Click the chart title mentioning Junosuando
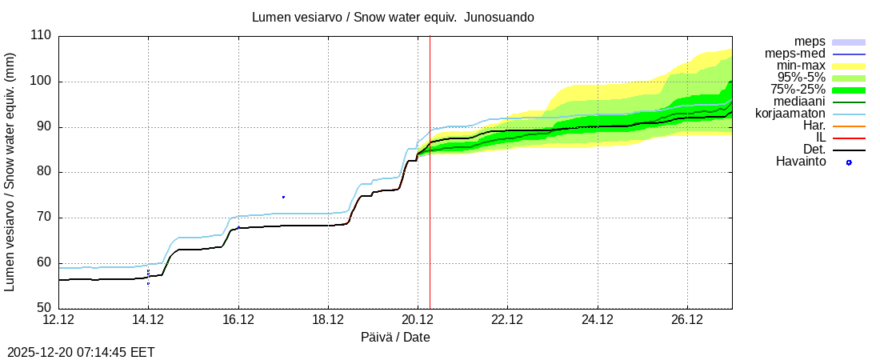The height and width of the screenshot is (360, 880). point(393,17)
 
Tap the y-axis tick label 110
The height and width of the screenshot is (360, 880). point(41,36)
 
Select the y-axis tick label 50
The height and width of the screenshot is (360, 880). point(44,309)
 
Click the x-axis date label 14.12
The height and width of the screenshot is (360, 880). point(148,320)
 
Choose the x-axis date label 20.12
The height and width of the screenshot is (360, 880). point(418,320)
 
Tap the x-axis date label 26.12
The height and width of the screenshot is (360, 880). point(687,320)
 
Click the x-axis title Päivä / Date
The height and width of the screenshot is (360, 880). point(395,338)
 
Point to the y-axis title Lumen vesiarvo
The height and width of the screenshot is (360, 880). point(10,172)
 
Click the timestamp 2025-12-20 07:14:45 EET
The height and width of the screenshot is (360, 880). point(81,352)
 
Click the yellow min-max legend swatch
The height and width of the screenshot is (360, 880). point(849,66)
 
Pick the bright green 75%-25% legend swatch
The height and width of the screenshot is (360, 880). point(849,90)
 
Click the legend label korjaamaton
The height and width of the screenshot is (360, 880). point(790,114)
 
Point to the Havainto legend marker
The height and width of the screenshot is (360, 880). point(849,162)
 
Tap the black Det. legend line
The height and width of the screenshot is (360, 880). point(849,150)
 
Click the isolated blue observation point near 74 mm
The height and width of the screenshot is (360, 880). point(283,197)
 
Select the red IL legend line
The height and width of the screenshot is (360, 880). point(849,138)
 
